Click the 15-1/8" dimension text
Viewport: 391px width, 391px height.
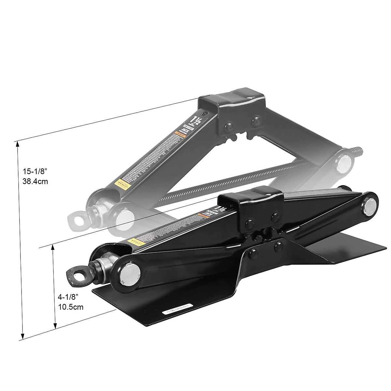tap(35, 171)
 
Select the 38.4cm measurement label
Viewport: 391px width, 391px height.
tap(35, 181)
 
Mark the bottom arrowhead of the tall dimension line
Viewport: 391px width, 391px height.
tap(22, 337)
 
